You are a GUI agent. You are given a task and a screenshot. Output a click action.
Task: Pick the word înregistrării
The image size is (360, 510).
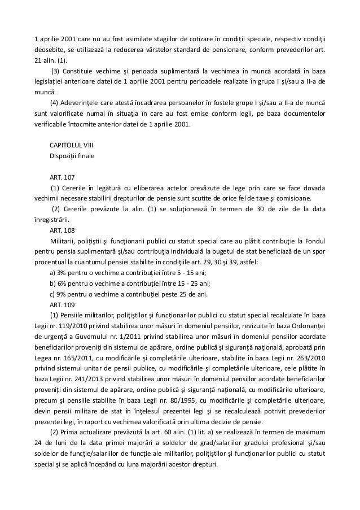[52, 220]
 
